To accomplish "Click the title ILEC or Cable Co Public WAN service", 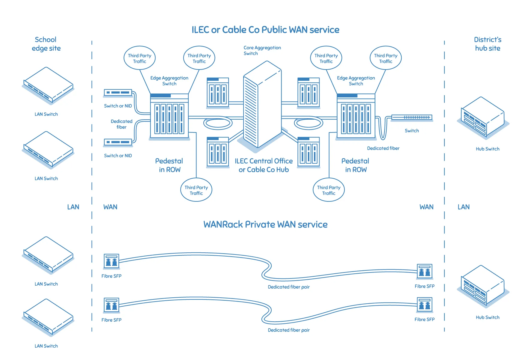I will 265,30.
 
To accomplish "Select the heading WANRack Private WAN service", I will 265,225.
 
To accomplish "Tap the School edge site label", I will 46,44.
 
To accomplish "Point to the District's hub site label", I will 487,44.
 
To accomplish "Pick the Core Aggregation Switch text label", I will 262,50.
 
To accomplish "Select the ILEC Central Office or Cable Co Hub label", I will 264,165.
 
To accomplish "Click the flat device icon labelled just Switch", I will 412,118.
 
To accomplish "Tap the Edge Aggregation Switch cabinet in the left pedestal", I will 169,117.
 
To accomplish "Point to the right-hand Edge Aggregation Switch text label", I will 356,81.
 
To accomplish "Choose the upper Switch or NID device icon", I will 118,93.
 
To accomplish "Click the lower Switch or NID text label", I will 118,156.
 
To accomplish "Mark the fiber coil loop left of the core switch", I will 218,123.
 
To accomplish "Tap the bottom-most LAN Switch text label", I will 46,346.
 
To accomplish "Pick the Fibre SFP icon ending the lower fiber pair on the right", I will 424,305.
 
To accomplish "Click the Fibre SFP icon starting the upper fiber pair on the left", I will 111,261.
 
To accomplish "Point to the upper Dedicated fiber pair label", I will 288,287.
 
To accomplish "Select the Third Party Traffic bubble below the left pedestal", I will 196,190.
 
